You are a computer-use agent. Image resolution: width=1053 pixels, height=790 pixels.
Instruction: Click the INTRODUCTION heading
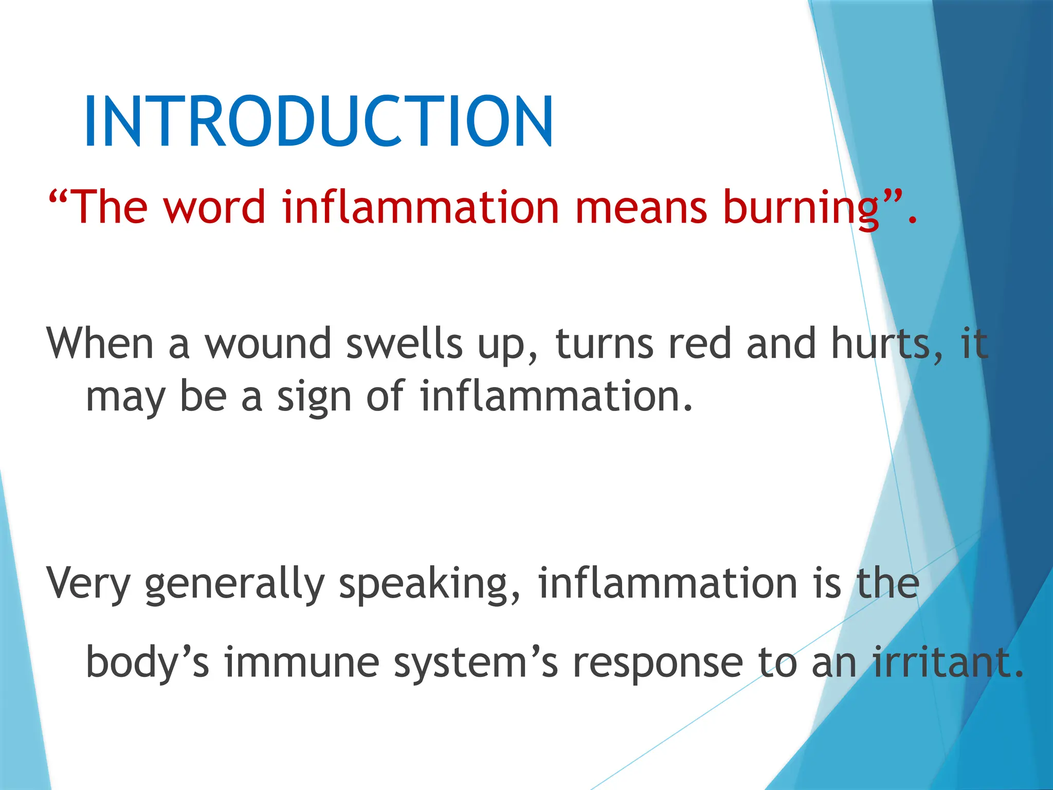coord(319,121)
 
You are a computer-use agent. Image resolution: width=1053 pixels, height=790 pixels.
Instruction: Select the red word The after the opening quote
coord(111,207)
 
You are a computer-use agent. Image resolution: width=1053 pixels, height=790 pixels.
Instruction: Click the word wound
coord(268,344)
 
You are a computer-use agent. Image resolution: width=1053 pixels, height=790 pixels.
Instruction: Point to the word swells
coord(404,344)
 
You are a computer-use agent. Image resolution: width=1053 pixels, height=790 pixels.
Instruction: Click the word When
coord(100,344)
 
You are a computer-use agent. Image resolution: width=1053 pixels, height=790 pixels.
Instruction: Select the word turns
coord(604,344)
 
